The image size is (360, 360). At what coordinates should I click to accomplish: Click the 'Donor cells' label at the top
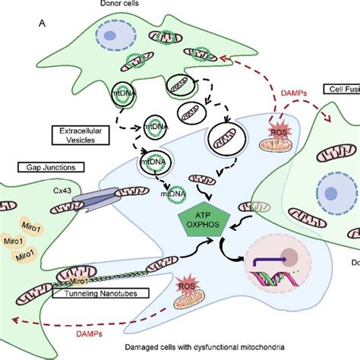tap(180, 5)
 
